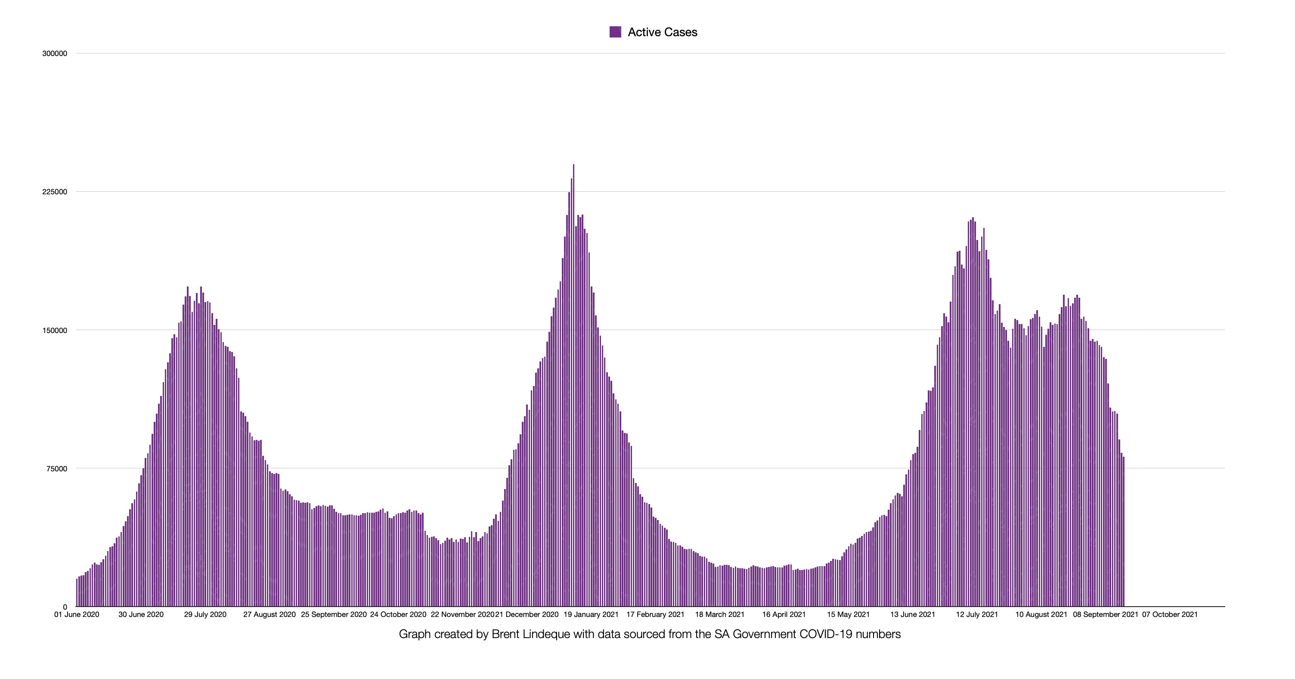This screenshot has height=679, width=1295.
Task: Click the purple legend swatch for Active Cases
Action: pyautogui.click(x=615, y=32)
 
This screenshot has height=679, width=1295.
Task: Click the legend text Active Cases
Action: pyautogui.click(x=662, y=32)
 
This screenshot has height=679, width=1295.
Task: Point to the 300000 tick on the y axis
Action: pyautogui.click(x=55, y=54)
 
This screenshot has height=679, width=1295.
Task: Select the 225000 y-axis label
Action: pyautogui.click(x=55, y=192)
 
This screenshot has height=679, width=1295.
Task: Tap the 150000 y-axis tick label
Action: pyautogui.click(x=55, y=330)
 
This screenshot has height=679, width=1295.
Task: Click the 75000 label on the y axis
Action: pyautogui.click(x=56, y=469)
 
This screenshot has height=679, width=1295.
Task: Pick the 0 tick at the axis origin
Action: pyautogui.click(x=65, y=607)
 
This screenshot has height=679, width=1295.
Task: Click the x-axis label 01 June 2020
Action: pyautogui.click(x=77, y=615)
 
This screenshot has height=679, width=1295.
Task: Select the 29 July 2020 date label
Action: pyautogui.click(x=205, y=615)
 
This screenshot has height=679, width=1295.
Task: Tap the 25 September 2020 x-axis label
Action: pyautogui.click(x=334, y=615)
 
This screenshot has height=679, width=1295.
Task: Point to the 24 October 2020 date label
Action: pyautogui.click(x=398, y=615)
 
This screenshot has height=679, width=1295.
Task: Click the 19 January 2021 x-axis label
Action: pyautogui.click(x=591, y=615)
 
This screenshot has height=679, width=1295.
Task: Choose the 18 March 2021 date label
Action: pyautogui.click(x=719, y=615)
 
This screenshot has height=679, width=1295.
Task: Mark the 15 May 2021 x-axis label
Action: pyautogui.click(x=848, y=615)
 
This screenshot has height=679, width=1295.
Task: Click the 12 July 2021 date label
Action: pyautogui.click(x=977, y=615)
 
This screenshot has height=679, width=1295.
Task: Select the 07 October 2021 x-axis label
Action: pyautogui.click(x=1170, y=615)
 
